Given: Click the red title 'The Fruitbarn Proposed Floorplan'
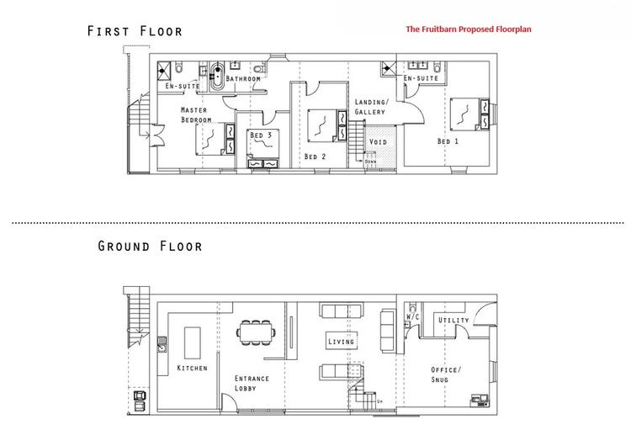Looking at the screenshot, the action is pos(469,29).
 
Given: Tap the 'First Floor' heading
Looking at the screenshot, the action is pos(135,31).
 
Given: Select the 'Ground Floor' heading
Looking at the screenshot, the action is pos(150,246).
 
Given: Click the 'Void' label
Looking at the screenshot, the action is pos(378,141).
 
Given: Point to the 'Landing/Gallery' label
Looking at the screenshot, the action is pos(371,107).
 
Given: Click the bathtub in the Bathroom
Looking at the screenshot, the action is pos(218,76).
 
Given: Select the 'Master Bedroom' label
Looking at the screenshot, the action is pos(196,114).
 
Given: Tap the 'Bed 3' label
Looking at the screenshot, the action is pos(261,135).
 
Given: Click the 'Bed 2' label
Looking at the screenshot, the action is pos(315,157).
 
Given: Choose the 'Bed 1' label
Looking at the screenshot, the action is pos(448,141).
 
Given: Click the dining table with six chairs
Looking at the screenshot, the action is pos(257,332).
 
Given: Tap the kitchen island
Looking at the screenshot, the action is pos(193,343).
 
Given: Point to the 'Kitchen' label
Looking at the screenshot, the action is pos(193,368).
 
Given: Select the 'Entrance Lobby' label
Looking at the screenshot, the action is pos(252,383).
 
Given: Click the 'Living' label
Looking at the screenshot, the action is pos(341,342).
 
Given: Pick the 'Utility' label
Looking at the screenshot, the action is pos(453,320).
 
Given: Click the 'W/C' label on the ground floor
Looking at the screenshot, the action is pos(412,316).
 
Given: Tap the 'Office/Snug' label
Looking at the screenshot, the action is pos(446,374).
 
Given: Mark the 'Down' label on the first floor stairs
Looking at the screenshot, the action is pos(371,162).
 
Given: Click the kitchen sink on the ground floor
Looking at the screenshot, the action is pos(162,344).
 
